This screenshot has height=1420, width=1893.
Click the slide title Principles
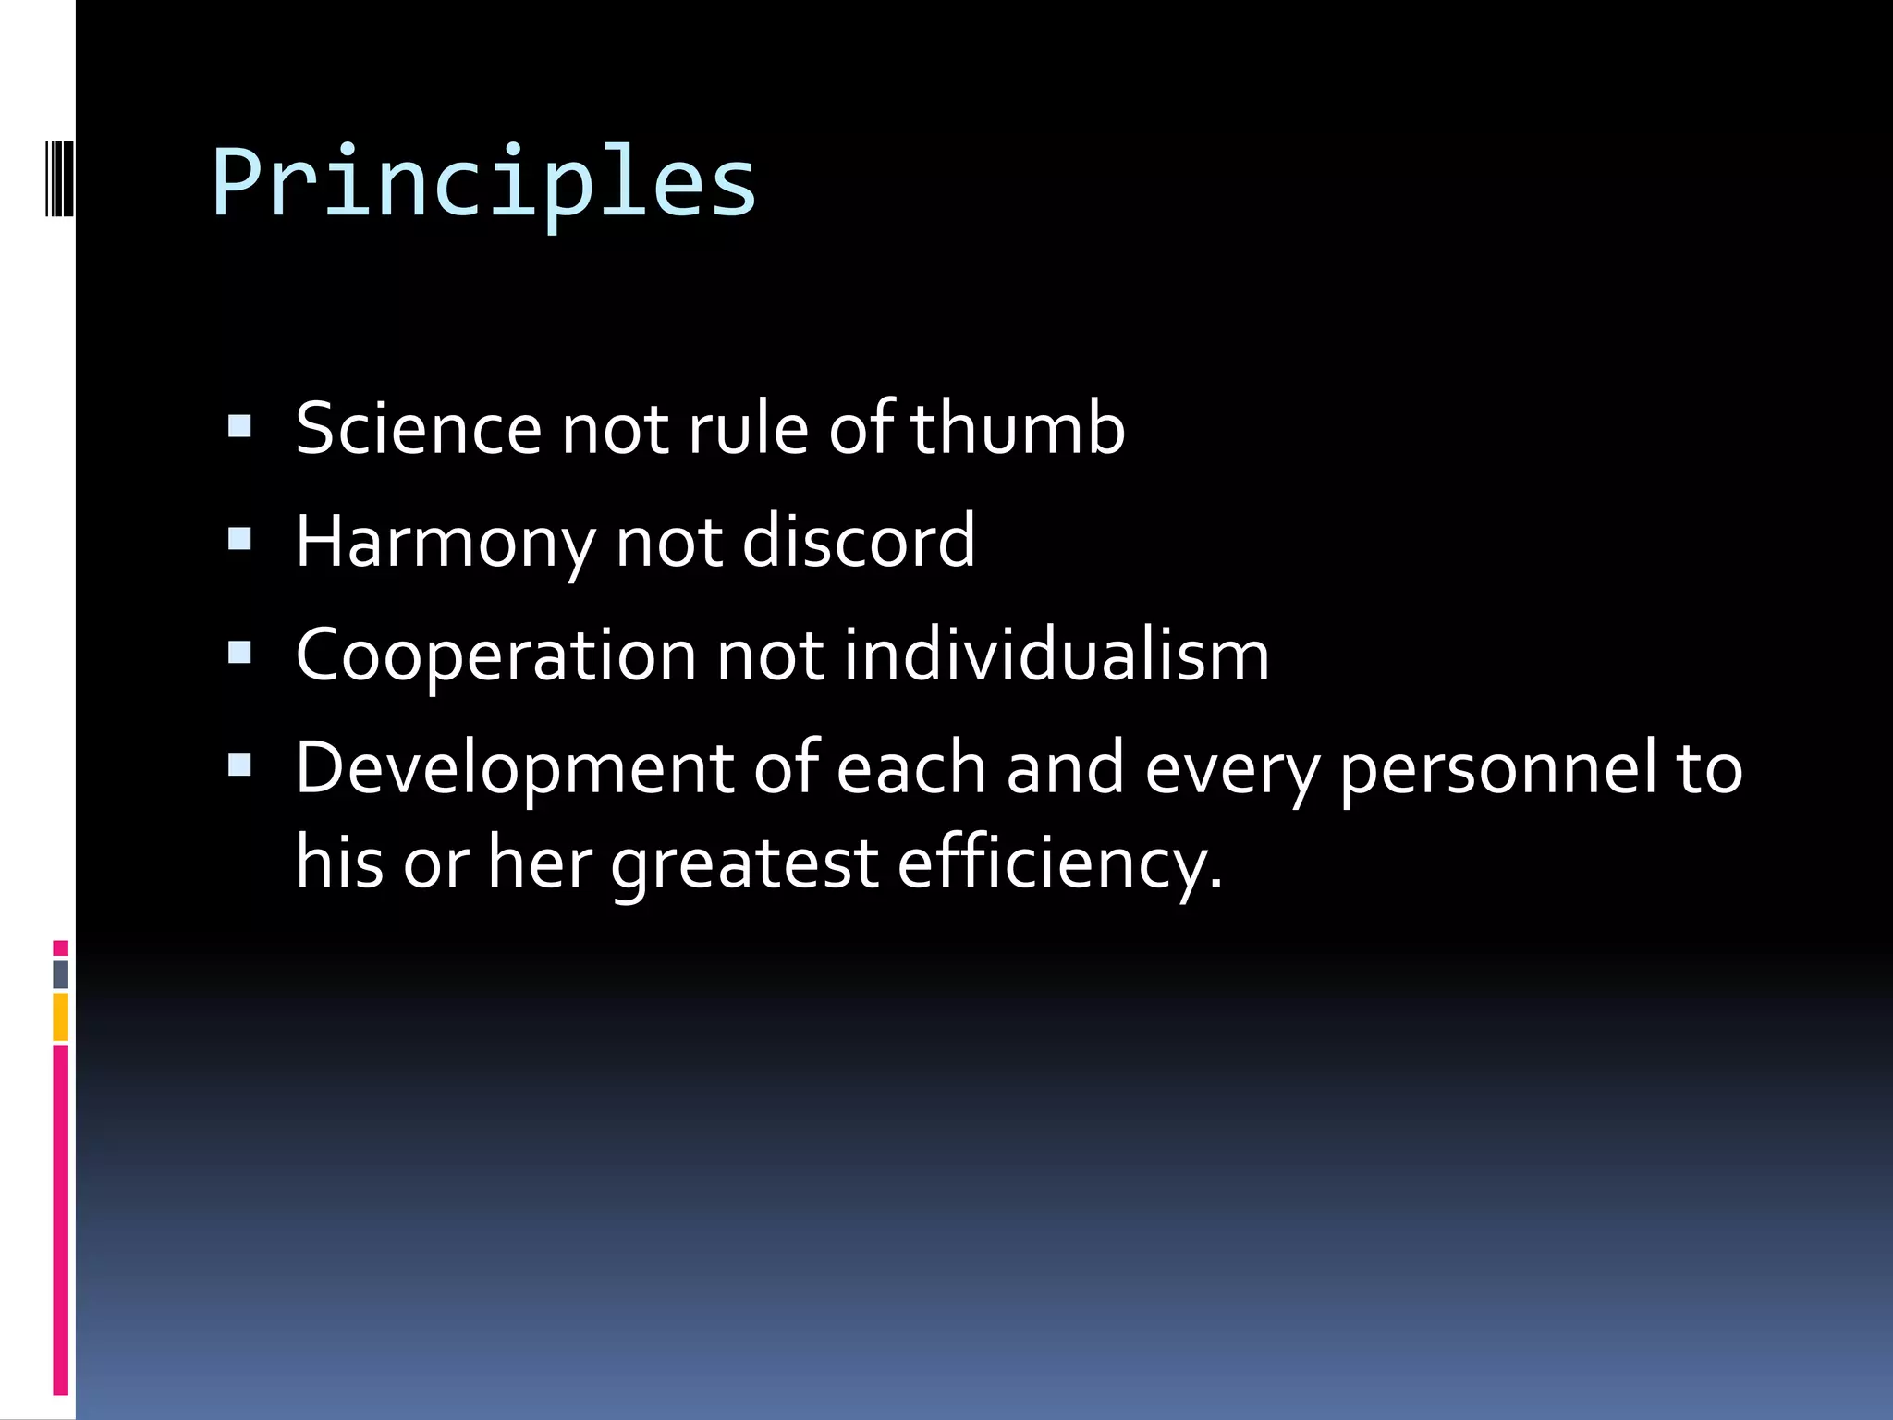pyautogui.click(x=484, y=183)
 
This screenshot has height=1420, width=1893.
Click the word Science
pyautogui.click(x=418, y=429)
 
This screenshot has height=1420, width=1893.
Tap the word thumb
pyautogui.click(x=1018, y=427)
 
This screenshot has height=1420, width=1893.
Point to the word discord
pyautogui.click(x=858, y=541)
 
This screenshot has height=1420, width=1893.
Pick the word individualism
pyautogui.click(x=1056, y=655)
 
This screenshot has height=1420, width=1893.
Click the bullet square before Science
pyautogui.click(x=239, y=426)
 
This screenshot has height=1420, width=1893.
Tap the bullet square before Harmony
pyautogui.click(x=239, y=539)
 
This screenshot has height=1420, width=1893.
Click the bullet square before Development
pyautogui.click(x=239, y=765)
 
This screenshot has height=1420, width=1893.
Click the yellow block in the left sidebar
pyautogui.click(x=60, y=1017)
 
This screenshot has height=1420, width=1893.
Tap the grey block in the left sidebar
pyautogui.click(x=60, y=973)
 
